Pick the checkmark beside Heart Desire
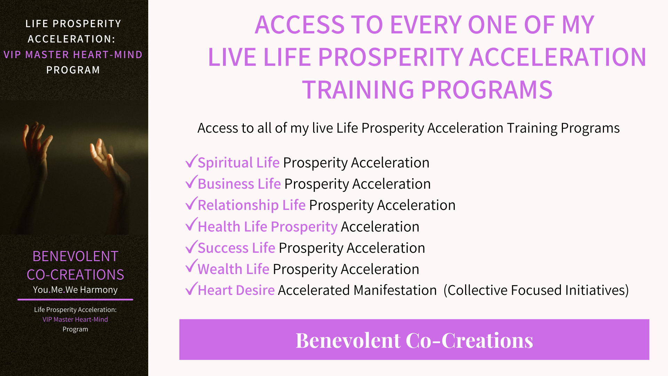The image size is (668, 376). (x=191, y=289)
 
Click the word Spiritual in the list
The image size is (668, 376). (x=225, y=163)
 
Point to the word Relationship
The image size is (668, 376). (x=238, y=205)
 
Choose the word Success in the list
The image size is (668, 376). (x=223, y=248)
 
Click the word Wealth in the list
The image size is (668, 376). (x=220, y=269)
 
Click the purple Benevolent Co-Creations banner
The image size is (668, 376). (x=414, y=339)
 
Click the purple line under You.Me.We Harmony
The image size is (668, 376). (x=75, y=299)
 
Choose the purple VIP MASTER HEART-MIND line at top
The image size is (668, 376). (x=73, y=55)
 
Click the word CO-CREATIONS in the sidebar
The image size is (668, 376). (x=75, y=275)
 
